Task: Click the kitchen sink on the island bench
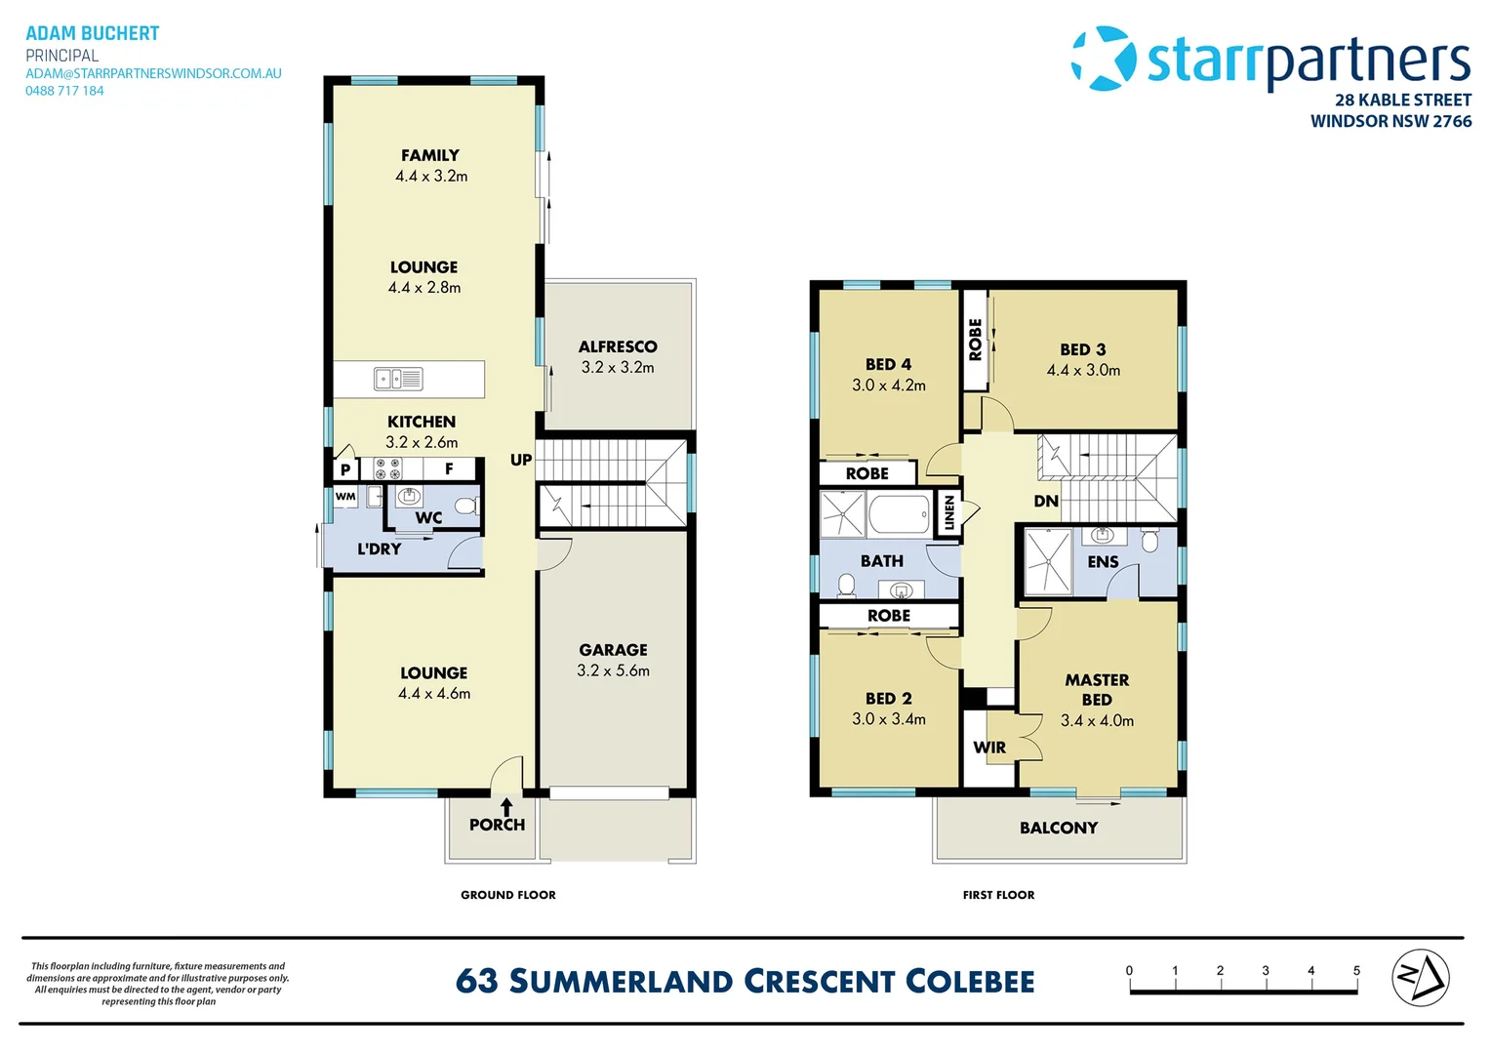coord(398,379)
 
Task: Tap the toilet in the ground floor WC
coord(466,507)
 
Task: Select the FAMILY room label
coord(430,155)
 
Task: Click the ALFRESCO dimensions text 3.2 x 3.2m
coord(618,367)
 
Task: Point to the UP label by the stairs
coord(521,460)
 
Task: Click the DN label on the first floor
coord(1046,501)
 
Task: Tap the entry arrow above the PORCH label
coord(506,806)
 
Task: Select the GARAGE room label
coord(613,649)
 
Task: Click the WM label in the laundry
coord(344,496)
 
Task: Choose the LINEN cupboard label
coord(949,512)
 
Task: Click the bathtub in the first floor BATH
coord(900,513)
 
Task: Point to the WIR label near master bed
coord(989,747)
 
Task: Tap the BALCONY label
coord(1059,828)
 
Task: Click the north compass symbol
coord(1421,978)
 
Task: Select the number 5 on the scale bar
coord(1356,971)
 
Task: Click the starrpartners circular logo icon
coord(1104,58)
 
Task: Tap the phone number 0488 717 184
coord(64,91)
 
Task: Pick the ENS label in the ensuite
coord(1103,562)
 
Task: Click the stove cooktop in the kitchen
coord(387,468)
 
